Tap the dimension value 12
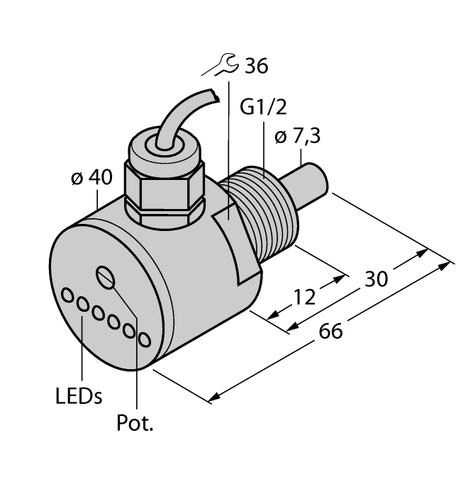click(x=304, y=297)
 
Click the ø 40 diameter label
click(x=91, y=179)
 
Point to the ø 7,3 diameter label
click(x=296, y=137)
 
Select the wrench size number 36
click(x=255, y=67)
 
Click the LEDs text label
click(x=78, y=395)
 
